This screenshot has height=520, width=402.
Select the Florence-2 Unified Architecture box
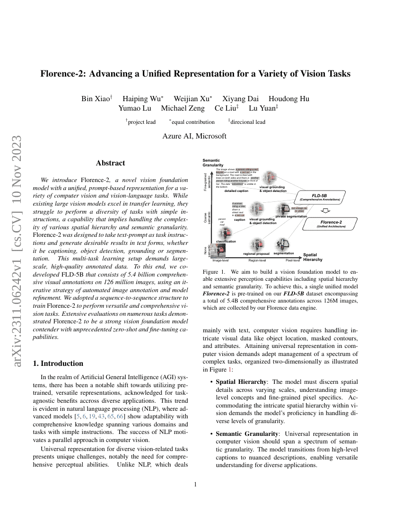point(331,224)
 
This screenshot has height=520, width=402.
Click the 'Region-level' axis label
point(257,260)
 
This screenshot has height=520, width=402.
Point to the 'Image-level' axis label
point(221,260)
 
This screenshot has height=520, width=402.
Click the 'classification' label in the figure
point(226,242)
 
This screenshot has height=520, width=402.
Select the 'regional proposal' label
point(256,254)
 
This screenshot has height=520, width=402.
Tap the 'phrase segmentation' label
point(291,216)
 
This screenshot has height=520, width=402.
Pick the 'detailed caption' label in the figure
point(236,191)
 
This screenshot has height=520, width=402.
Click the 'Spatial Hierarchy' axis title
point(313,257)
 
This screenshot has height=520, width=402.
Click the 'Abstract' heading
point(110,163)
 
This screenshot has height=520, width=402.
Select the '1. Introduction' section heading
point(57,364)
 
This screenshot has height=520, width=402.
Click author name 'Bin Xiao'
point(95,99)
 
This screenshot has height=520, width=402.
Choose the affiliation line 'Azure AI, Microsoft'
point(194,136)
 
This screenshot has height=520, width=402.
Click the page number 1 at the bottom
point(195,484)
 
